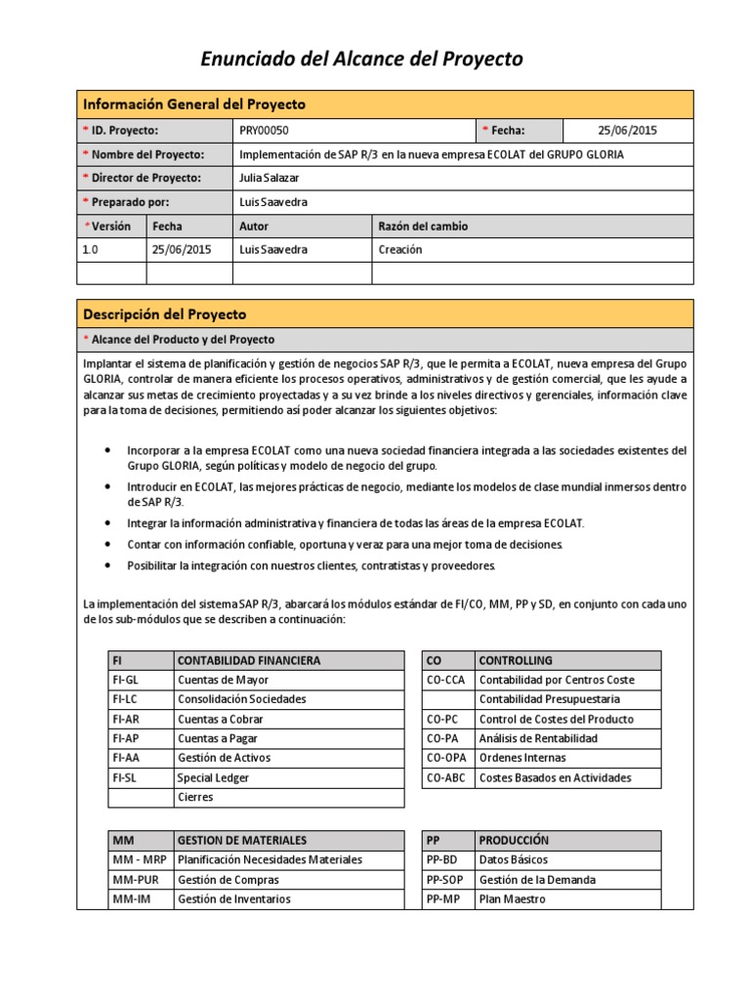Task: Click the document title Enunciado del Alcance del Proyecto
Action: point(361,60)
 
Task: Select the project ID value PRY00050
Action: point(264,131)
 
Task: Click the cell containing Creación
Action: point(400,249)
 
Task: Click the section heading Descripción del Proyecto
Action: point(164,314)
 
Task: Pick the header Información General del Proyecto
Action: point(193,104)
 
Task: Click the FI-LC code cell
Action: point(127,699)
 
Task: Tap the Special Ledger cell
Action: point(213,777)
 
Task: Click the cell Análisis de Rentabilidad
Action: point(538,738)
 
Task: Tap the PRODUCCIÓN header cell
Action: point(514,840)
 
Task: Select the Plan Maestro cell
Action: point(512,898)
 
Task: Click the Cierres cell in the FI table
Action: point(195,797)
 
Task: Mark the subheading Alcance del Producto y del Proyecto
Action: point(184,339)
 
